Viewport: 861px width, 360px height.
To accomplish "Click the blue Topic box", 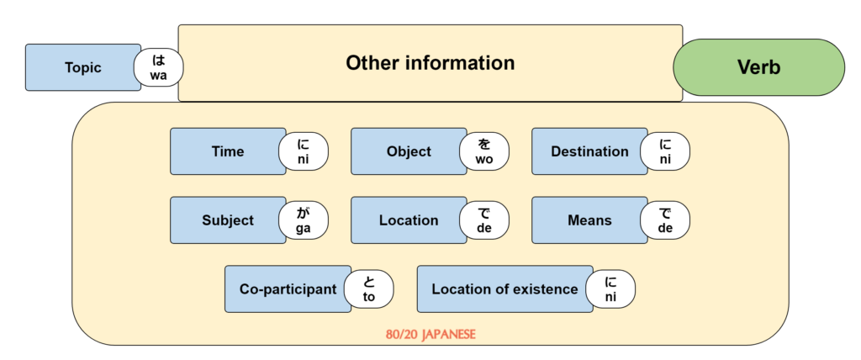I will (x=82, y=67).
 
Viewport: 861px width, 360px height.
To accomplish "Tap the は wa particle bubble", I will (x=159, y=68).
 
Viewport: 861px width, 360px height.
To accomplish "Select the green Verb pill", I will (x=758, y=67).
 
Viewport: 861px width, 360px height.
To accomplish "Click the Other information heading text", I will (x=430, y=63).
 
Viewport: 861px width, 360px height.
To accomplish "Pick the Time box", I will (x=227, y=151).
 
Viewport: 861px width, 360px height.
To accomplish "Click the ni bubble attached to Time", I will (x=304, y=151).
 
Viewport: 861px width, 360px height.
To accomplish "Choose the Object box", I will (x=408, y=151).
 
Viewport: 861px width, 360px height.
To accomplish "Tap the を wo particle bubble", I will (x=484, y=151).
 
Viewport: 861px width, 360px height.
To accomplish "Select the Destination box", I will (x=589, y=151).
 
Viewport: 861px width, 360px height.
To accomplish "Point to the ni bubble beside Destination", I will (x=665, y=151).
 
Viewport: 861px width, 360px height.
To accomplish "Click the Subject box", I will (x=227, y=220).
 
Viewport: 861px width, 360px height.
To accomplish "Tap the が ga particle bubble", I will (x=304, y=220).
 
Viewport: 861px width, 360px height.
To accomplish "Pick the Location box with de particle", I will (x=408, y=220).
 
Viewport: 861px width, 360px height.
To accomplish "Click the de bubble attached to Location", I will (x=484, y=220).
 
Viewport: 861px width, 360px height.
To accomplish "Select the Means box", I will (x=589, y=220).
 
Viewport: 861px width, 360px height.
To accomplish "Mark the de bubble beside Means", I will (x=665, y=220).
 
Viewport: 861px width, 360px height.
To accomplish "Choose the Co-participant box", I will (x=287, y=289).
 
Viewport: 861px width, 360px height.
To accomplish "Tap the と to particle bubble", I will (x=368, y=289).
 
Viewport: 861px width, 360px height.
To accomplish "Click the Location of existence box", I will (x=504, y=289).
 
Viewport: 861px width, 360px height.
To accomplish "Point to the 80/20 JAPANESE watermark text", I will (x=430, y=334).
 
